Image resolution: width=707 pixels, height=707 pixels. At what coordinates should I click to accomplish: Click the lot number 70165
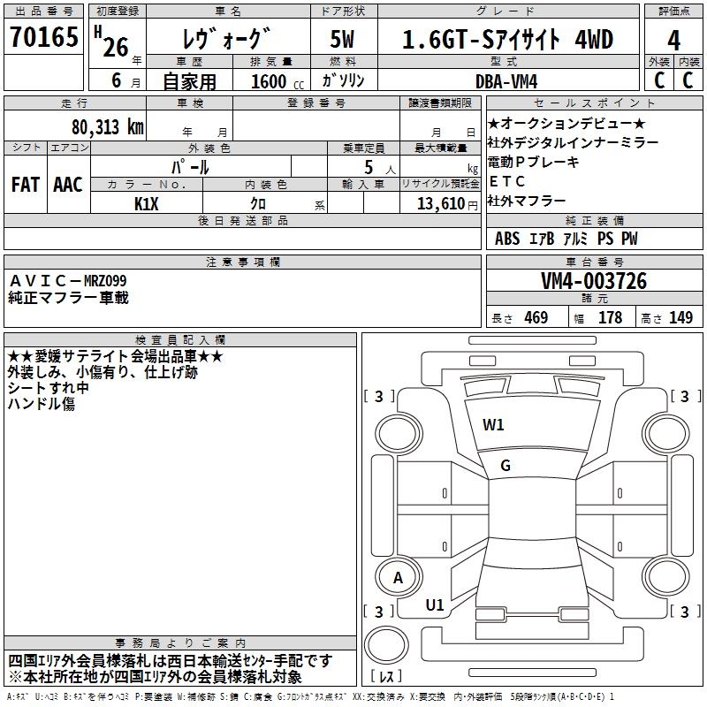pos(43,38)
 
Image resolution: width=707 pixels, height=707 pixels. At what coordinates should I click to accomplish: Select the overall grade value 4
pos(674,40)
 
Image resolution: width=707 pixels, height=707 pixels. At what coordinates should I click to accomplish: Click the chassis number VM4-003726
pos(594,281)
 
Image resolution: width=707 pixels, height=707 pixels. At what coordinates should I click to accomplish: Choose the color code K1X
pos(147,203)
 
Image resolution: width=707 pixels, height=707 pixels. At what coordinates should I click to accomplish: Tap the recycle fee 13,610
pos(439,203)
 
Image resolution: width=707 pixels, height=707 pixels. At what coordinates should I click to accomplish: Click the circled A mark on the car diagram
pos(399,578)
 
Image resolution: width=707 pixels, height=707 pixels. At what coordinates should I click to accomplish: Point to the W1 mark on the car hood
pos(493,424)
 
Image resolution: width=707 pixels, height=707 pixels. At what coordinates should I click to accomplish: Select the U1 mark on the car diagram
pos(435,605)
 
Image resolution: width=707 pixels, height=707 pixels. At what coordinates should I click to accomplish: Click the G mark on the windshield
pos(506,466)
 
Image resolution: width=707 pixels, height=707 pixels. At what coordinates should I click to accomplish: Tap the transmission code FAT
pos(25,184)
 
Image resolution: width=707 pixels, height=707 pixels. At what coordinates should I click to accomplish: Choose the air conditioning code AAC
pos(67,184)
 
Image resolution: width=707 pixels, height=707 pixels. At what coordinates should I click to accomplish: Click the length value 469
pos(533,317)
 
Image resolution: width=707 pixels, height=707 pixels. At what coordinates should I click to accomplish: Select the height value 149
pos(680,317)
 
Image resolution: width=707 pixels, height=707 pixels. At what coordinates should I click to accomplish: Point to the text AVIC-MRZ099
pos(68,280)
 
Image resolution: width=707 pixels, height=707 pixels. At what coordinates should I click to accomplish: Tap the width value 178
pos(610,317)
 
